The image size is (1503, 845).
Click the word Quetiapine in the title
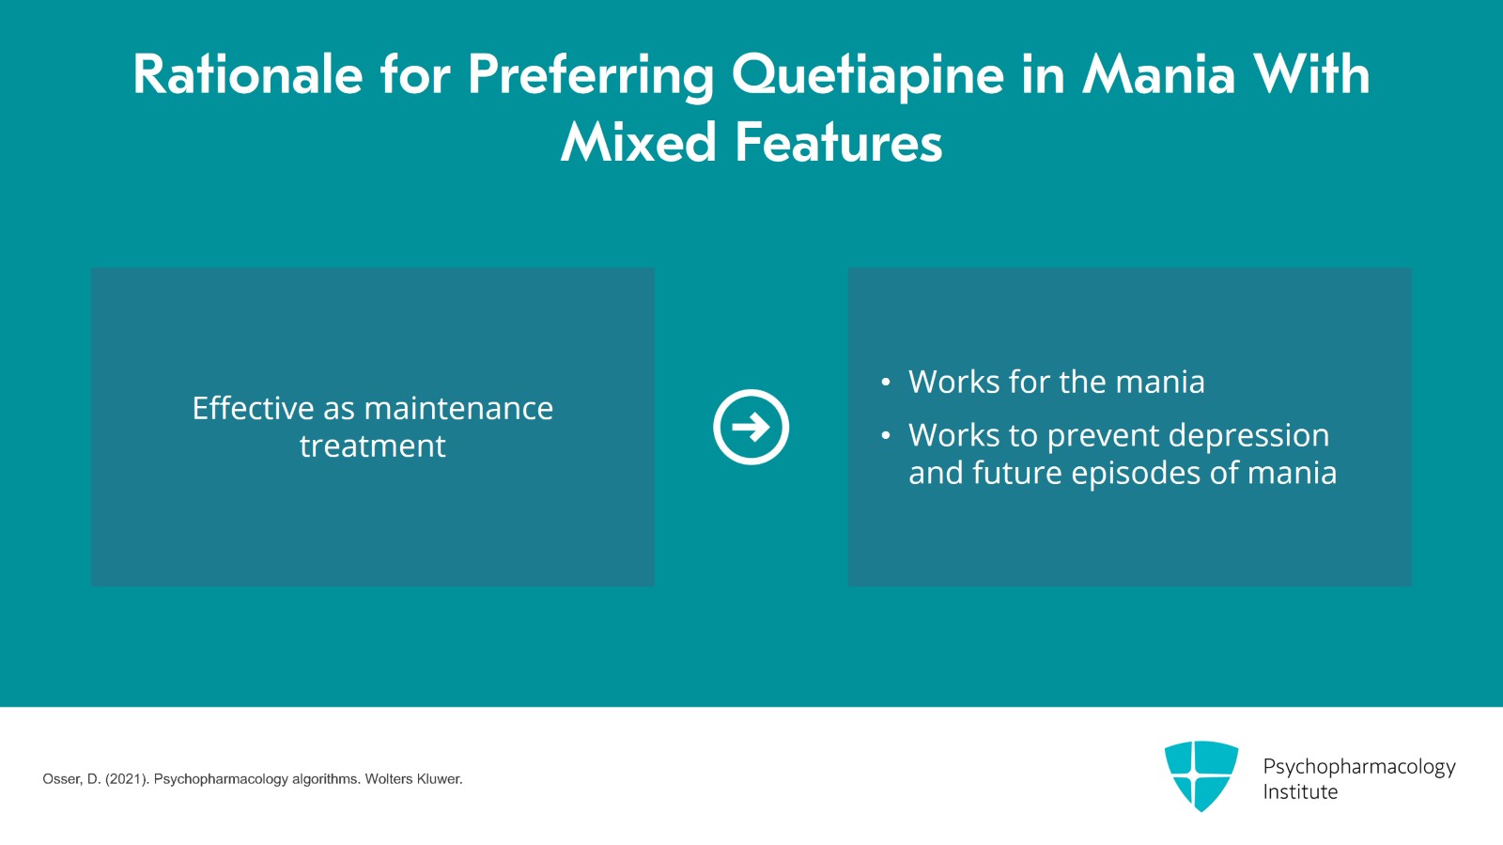tap(868, 75)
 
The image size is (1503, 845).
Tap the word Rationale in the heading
tap(247, 75)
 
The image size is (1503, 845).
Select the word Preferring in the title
tap(590, 75)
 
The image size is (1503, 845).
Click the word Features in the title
tap(838, 143)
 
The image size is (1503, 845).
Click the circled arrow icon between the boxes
tap(751, 427)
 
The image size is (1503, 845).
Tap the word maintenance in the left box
tap(458, 408)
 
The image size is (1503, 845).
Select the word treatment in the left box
tap(373, 446)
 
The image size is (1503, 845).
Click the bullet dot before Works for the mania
tap(885, 383)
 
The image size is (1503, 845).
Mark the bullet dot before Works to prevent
tap(885, 435)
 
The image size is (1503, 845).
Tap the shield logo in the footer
tap(1201, 775)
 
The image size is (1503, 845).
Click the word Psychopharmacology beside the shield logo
tap(1358, 767)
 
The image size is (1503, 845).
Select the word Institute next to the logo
tap(1300, 792)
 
